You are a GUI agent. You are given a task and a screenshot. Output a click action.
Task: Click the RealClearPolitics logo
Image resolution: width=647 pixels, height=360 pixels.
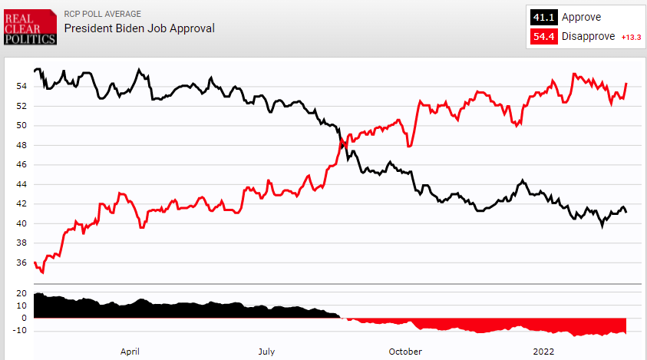[30, 27]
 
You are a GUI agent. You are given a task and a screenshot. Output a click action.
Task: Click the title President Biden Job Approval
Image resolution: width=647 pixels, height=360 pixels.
[139, 28]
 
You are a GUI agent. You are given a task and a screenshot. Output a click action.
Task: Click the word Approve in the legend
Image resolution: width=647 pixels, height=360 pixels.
[582, 17]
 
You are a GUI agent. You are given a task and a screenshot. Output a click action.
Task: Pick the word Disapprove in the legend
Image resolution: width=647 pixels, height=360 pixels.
[589, 37]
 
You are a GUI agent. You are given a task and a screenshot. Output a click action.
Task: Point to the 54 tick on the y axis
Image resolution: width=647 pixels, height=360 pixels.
[21, 86]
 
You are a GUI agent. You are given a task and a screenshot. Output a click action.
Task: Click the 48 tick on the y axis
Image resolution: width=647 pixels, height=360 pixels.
[21, 145]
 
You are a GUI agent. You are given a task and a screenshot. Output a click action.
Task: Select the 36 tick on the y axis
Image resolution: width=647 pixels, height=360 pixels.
[21, 263]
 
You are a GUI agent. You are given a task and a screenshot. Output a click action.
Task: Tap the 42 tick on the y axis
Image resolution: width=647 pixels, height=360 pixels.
[21, 204]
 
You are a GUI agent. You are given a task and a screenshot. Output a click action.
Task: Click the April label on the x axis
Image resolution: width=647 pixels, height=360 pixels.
[130, 351]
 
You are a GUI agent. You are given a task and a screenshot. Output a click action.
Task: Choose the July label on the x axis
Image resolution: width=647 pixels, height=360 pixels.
[266, 351]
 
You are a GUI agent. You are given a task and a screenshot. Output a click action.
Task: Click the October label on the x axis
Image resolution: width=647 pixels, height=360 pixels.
[405, 351]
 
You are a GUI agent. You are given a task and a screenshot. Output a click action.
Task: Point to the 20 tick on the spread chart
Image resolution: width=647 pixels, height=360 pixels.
[21, 294]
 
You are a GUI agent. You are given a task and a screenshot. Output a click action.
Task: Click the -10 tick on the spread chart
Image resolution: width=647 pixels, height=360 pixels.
[20, 331]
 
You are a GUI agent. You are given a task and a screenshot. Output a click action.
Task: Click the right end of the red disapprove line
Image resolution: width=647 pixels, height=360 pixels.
[627, 83]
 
